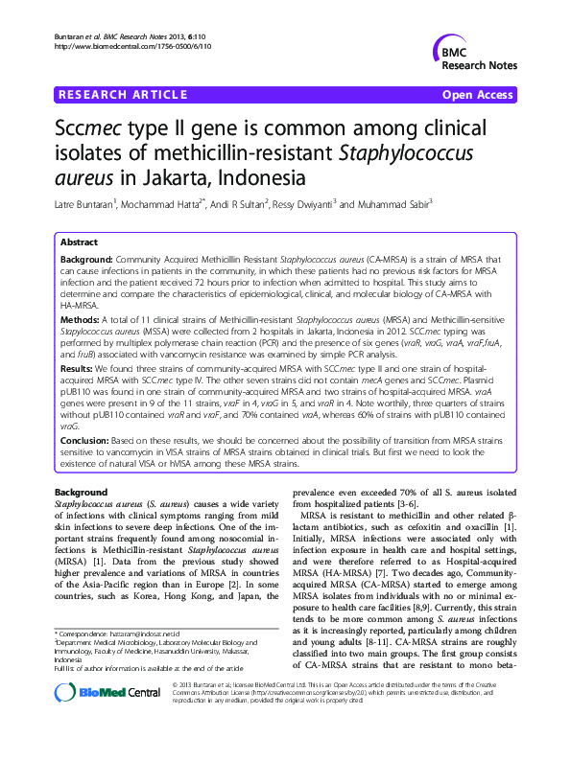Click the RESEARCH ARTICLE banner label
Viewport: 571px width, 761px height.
click(124, 94)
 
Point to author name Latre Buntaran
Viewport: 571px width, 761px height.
click(86, 203)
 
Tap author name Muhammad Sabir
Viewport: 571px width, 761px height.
click(394, 203)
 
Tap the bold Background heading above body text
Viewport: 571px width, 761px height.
click(82, 492)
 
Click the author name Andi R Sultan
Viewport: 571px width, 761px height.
click(241, 203)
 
